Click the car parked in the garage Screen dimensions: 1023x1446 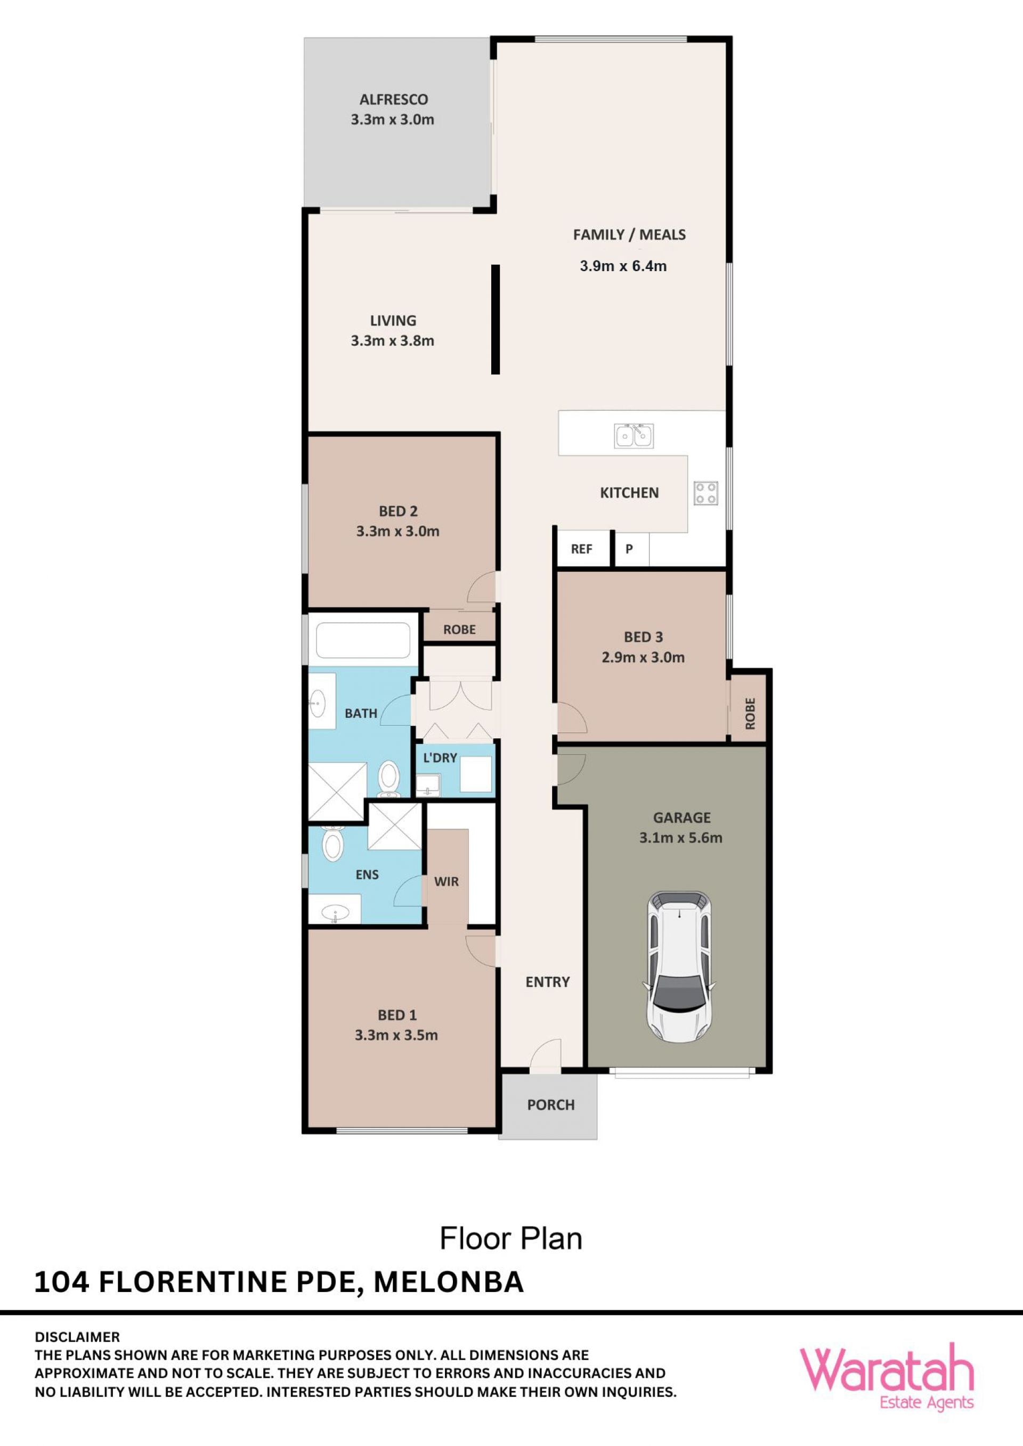point(678,966)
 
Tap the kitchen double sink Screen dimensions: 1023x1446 point(634,435)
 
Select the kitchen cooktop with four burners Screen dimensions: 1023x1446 point(705,493)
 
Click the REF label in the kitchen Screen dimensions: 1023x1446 point(581,549)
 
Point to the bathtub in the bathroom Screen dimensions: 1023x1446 point(363,640)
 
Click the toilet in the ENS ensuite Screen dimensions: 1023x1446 point(332,845)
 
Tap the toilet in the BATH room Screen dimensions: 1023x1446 point(388,780)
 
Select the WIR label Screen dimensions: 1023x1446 point(446,881)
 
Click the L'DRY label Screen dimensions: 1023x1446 point(440,758)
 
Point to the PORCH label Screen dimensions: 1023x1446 point(550,1105)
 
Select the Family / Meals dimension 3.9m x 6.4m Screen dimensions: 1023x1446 point(623,266)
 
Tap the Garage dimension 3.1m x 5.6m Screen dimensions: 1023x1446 point(680,838)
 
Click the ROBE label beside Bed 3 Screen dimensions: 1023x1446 point(750,714)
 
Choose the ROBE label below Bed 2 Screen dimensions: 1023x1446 point(459,629)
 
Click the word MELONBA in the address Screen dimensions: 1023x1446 point(449,1282)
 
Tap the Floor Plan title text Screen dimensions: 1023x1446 point(511,1238)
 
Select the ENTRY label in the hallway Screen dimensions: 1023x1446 point(547,982)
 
